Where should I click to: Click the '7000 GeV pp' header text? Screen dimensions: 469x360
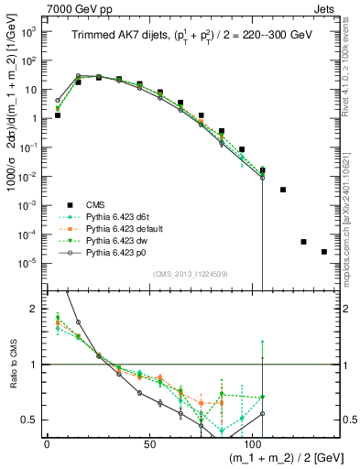pos(39,7)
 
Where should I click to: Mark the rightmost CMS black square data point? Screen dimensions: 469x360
pos(323,252)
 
